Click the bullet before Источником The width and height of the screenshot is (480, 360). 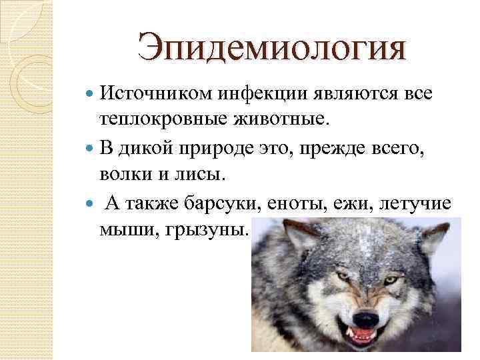(91, 96)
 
